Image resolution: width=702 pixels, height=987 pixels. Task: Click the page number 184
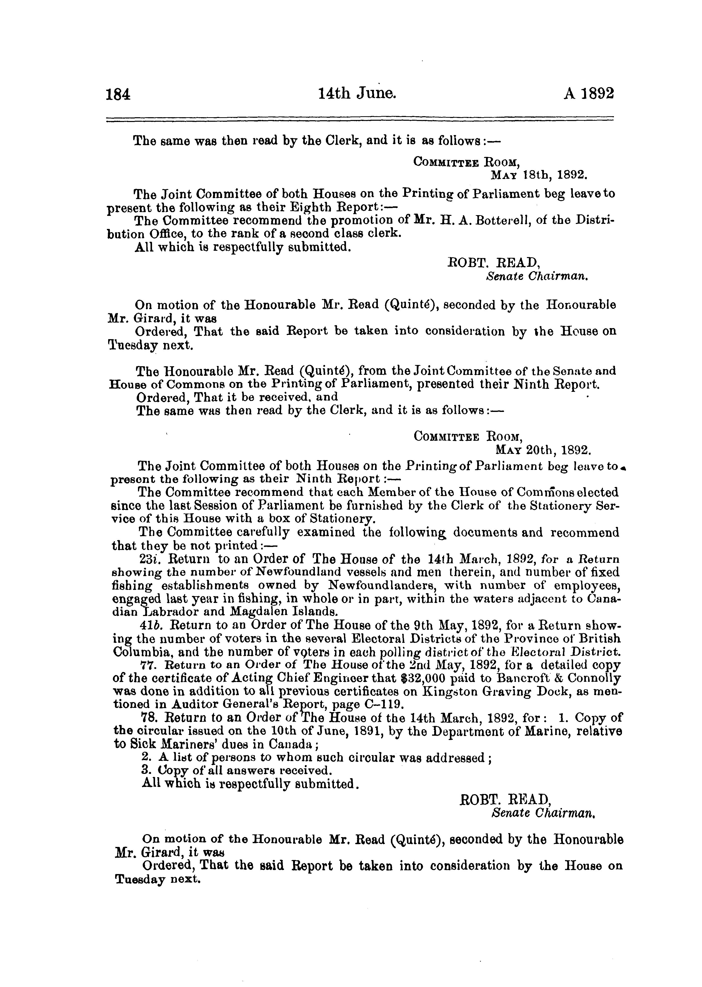tap(118, 94)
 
